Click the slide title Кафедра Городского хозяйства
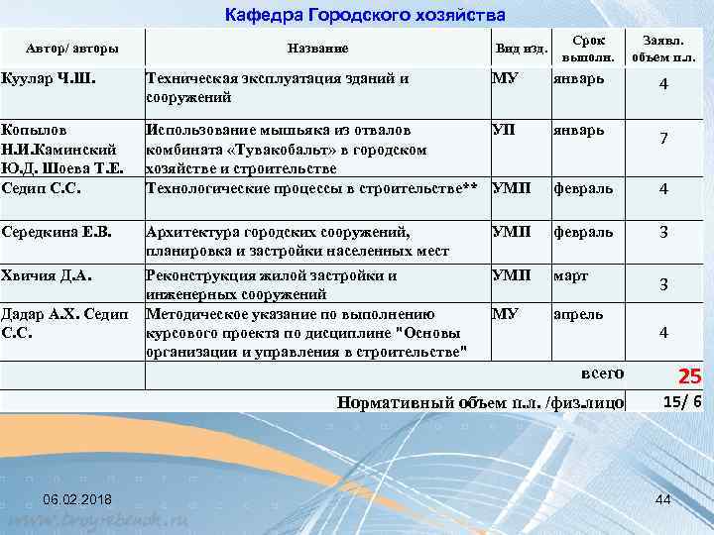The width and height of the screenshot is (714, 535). tap(365, 15)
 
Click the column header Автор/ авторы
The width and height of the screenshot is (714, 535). tap(72, 48)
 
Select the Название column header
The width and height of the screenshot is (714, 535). tap(316, 48)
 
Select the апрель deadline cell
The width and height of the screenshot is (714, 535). tap(577, 314)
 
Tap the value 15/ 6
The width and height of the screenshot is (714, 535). tap(682, 400)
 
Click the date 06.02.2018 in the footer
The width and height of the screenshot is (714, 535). tap(76, 497)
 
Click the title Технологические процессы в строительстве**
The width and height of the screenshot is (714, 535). tap(312, 187)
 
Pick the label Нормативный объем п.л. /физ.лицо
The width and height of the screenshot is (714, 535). tap(480, 402)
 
